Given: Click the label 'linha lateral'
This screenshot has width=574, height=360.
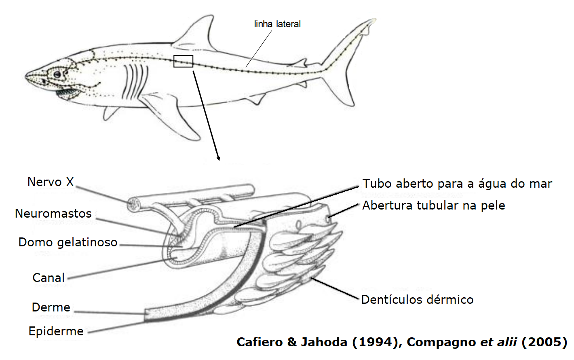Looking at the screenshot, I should click(x=277, y=24).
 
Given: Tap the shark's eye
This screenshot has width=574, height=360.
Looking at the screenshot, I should click(x=57, y=74).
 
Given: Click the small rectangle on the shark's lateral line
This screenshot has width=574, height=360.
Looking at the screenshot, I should click(x=184, y=61).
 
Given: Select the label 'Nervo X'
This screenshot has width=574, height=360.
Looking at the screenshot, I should click(x=51, y=182).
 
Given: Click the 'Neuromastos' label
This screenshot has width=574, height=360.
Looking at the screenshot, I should click(x=53, y=214).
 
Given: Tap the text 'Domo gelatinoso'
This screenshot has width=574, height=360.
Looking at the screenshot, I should click(x=68, y=242).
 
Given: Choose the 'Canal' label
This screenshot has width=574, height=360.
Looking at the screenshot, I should click(x=49, y=278).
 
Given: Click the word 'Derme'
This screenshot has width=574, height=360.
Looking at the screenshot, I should click(x=51, y=307).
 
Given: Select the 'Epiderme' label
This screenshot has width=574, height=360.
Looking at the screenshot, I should click(x=56, y=331).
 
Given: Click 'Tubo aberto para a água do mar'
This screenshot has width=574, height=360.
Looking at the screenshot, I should click(x=457, y=184).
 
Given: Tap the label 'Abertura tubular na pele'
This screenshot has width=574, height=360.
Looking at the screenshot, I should click(x=434, y=205).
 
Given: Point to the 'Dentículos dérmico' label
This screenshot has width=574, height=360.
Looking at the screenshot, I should click(x=417, y=300).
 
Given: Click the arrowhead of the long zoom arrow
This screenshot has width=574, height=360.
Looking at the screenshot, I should click(x=218, y=159).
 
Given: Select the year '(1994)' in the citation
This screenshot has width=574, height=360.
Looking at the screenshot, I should click(x=376, y=342).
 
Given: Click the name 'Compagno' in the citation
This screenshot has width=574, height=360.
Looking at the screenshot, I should click(x=441, y=342).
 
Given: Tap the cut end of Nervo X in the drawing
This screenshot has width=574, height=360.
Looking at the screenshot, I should click(x=133, y=204).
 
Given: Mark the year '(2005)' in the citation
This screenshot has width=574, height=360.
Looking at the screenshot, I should click(x=544, y=342).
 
